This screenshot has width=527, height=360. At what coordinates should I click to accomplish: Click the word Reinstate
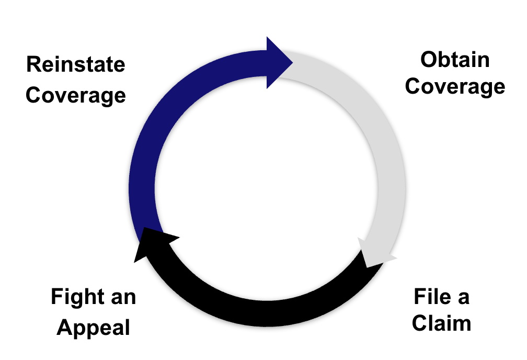pos(76,65)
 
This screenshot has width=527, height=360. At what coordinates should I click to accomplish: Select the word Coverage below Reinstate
pos(76,95)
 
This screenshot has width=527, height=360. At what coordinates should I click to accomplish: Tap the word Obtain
pos(455,60)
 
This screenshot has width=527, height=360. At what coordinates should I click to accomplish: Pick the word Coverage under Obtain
pos(455,86)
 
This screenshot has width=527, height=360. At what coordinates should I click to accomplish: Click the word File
pos(429,297)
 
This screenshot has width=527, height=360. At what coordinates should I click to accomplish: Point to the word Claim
pos(441,323)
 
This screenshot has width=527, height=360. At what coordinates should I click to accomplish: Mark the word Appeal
pos(93,328)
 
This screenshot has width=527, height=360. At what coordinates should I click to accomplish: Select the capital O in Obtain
pos(429,60)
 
